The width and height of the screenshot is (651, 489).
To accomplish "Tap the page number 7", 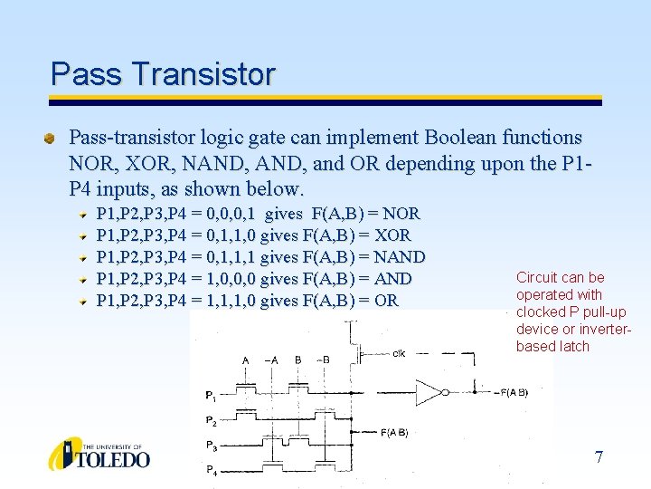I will [599, 456].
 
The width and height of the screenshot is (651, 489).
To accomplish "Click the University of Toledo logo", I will [99, 454].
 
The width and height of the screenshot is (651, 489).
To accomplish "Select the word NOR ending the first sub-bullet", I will [401, 214].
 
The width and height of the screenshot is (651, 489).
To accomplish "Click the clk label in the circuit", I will [399, 354].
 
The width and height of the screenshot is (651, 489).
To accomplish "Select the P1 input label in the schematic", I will [210, 396].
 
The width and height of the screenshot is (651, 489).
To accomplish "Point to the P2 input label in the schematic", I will [210, 421].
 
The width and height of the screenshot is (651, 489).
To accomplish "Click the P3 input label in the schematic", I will [210, 446].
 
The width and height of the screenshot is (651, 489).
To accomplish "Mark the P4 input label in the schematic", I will [210, 469].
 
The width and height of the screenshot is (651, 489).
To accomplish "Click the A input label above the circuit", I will [245, 360].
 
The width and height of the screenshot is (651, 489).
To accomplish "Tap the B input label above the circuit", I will [297, 360].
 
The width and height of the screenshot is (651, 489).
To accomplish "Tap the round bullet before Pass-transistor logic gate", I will [52, 139].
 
